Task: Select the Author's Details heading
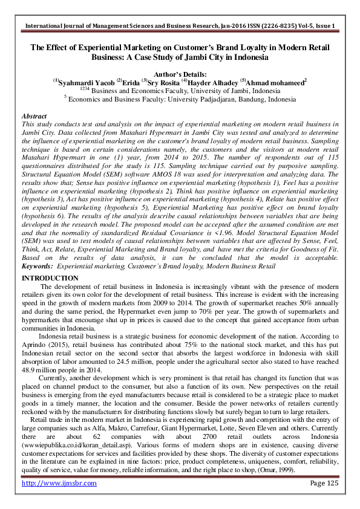tap(180, 71)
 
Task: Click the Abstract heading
tap(34, 115)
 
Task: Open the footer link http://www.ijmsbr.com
tap(59, 484)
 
